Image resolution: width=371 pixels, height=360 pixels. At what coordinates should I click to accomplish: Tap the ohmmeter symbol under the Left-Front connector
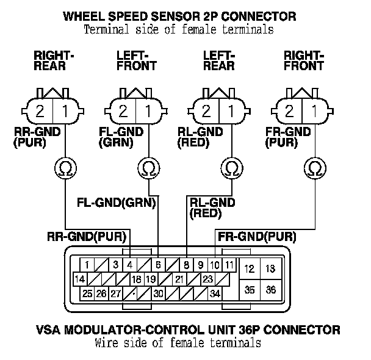click(147, 166)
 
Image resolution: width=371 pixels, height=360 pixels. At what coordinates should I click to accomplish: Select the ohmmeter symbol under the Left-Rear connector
click(231, 166)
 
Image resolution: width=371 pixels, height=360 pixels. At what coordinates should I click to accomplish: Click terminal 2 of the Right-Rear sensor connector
click(41, 112)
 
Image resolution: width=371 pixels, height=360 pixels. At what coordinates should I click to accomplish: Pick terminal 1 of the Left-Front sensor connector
click(148, 112)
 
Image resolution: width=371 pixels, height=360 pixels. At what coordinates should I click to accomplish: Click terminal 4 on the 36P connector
click(130, 265)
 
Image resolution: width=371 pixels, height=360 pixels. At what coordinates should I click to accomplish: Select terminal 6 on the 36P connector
click(158, 265)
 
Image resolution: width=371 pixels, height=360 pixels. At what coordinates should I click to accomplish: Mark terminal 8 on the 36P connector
click(187, 265)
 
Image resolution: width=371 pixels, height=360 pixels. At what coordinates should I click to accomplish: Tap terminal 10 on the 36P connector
click(214, 265)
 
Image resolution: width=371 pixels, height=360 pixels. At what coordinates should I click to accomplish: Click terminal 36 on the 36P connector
click(270, 290)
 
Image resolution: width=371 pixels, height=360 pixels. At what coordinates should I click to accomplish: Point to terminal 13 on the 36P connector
click(270, 268)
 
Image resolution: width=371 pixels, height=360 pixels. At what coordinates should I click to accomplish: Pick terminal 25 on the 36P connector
click(87, 293)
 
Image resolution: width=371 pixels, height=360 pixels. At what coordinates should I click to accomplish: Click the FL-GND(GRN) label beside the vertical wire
click(116, 202)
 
